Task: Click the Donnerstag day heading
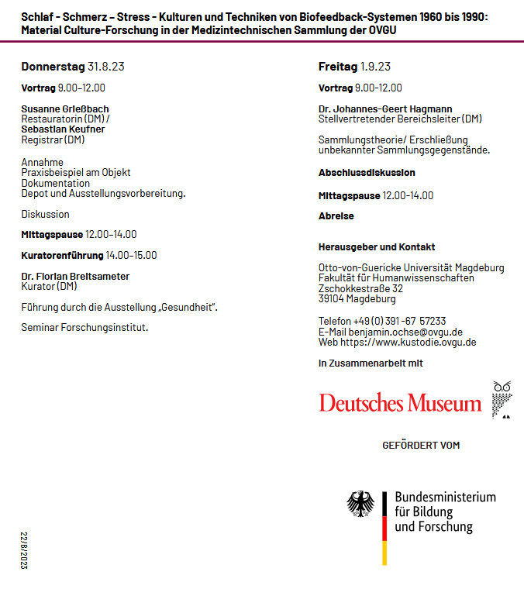(x=53, y=67)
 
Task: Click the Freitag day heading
(x=338, y=67)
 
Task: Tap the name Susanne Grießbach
(x=65, y=108)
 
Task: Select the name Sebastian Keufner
(x=63, y=129)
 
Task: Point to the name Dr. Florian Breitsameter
(x=75, y=276)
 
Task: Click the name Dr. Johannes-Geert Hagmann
(x=385, y=108)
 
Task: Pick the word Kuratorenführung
(x=62, y=255)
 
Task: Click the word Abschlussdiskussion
(x=367, y=173)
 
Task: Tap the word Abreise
(x=336, y=216)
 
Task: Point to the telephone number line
(x=382, y=321)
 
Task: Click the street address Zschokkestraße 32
(x=360, y=288)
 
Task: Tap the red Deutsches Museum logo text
(x=400, y=404)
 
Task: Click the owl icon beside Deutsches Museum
(x=502, y=399)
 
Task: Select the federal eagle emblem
(x=360, y=505)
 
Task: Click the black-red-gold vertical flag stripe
(x=384, y=528)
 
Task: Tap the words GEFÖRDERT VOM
(x=421, y=446)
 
